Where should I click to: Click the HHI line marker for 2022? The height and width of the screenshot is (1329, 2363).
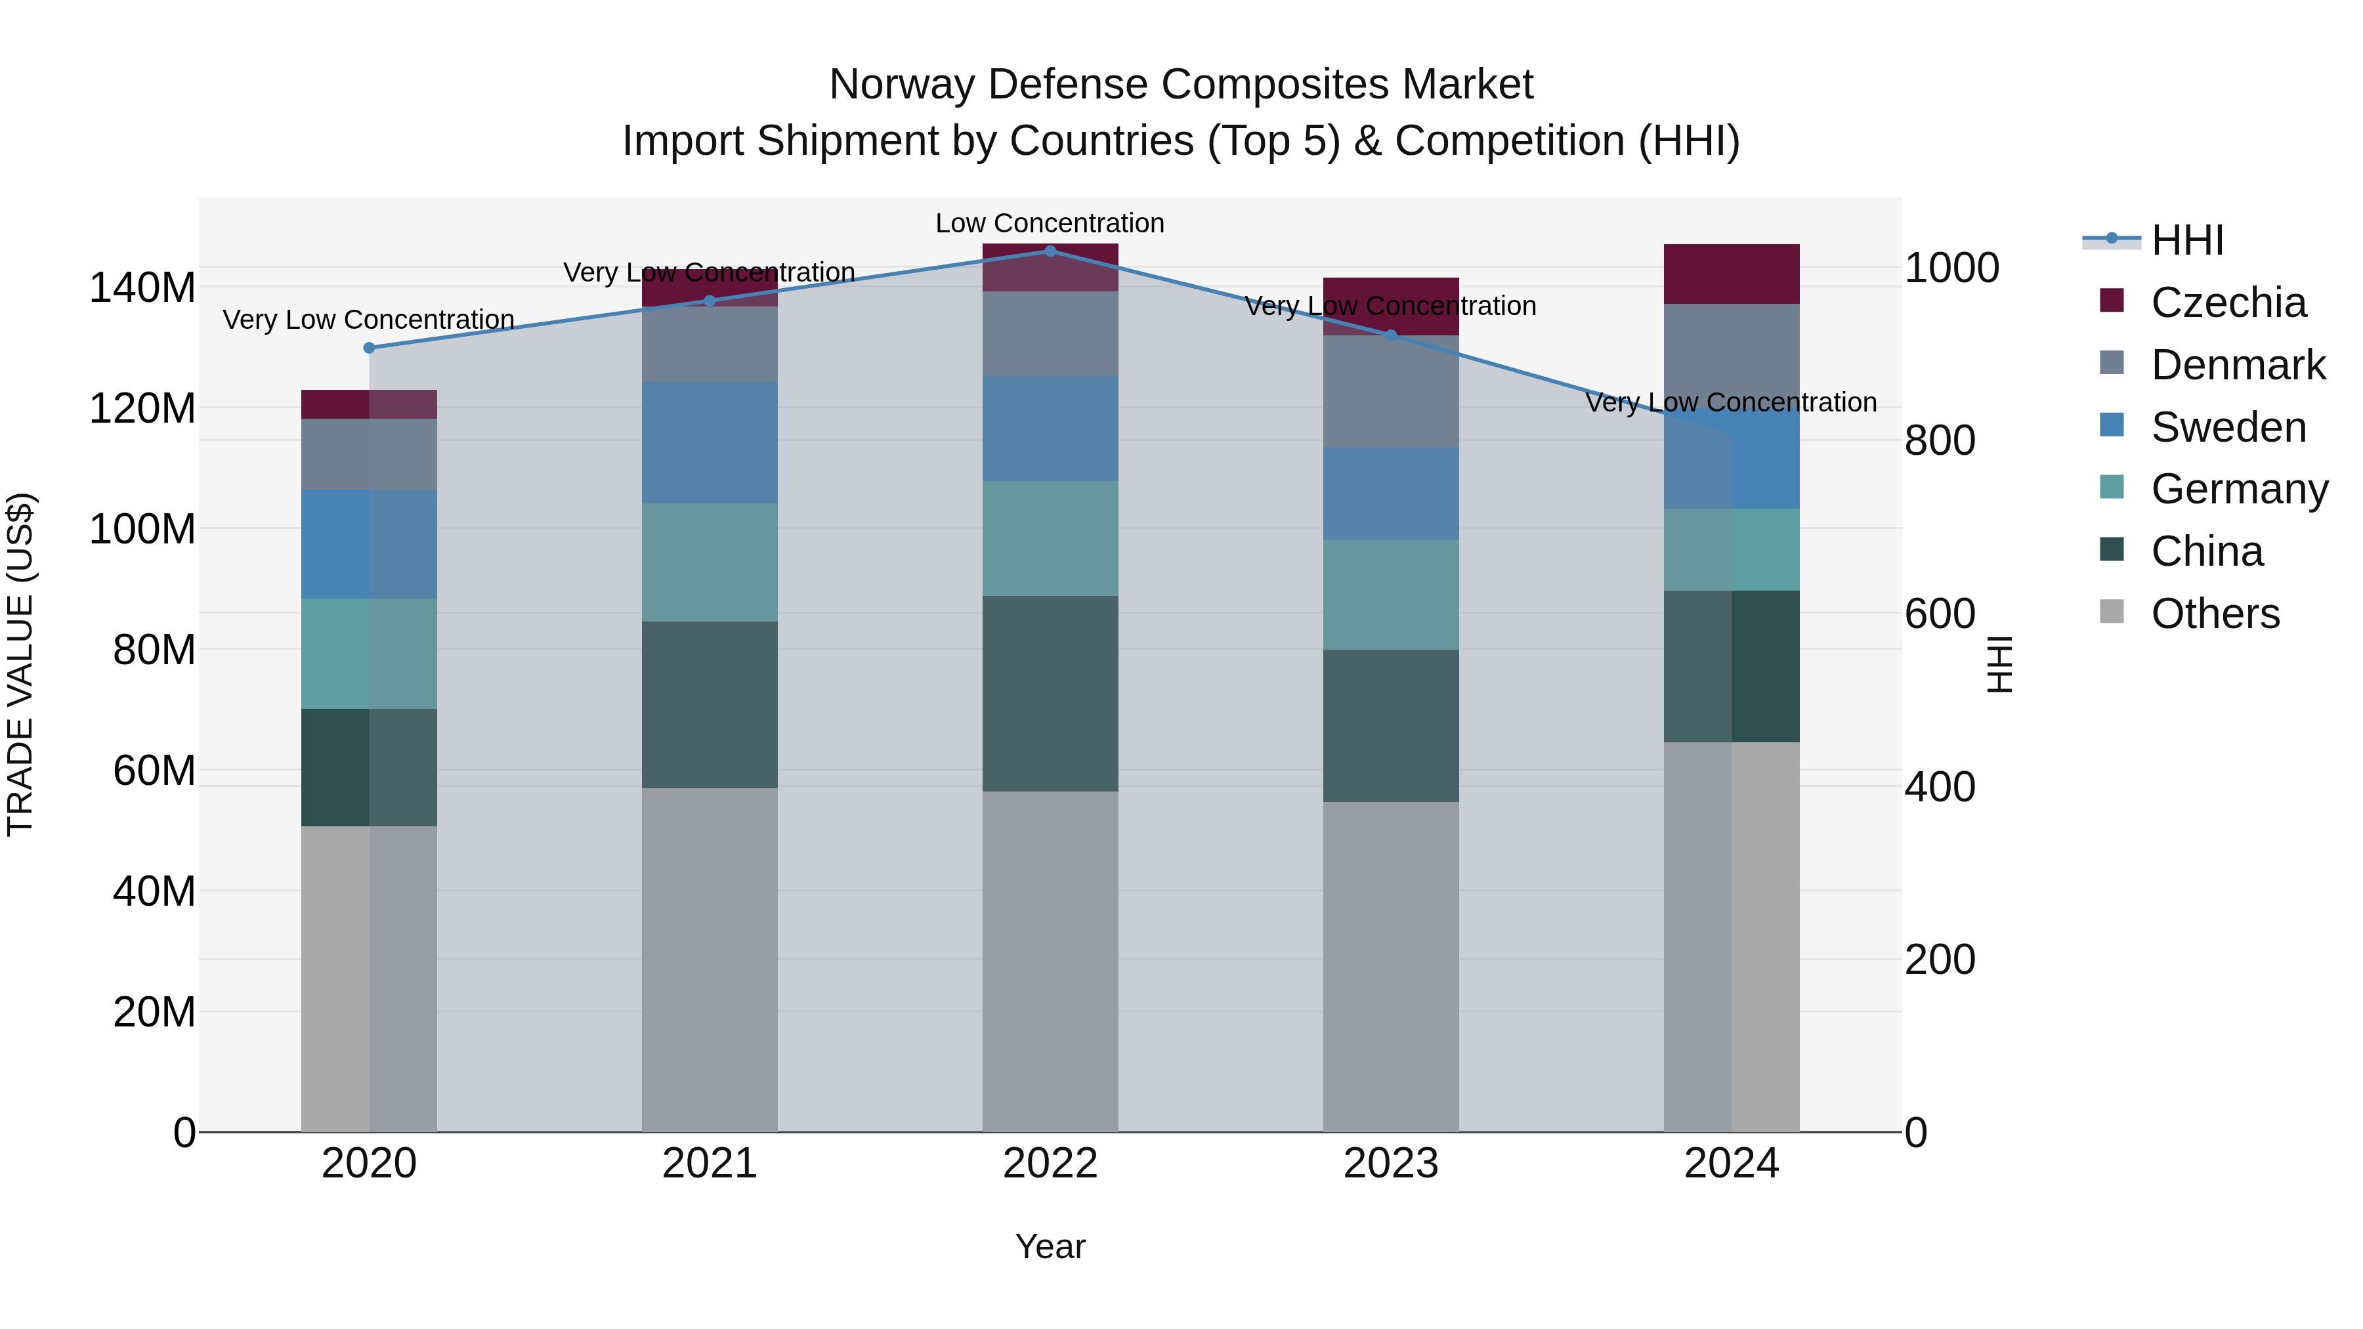tap(1050, 251)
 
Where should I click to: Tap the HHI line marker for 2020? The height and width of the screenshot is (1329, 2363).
tap(369, 348)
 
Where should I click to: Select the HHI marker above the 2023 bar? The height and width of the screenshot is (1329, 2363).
tap(1391, 335)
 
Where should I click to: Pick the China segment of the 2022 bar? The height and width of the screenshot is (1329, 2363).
tap(1050, 694)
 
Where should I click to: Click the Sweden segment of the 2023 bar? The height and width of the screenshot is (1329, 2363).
tap(1391, 494)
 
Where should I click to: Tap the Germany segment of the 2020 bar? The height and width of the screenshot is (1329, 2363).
tap(369, 653)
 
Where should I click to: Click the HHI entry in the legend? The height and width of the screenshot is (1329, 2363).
tap(2187, 240)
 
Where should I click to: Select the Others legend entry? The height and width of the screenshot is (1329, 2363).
tap(2215, 614)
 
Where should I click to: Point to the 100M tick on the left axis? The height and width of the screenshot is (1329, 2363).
tap(142, 529)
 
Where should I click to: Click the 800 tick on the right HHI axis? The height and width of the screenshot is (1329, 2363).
tap(1939, 440)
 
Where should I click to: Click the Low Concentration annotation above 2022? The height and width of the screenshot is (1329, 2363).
tap(1050, 223)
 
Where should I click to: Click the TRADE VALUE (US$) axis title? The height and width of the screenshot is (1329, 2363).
tap(20, 664)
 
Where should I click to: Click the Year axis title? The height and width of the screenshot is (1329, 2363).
tap(1050, 1246)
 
